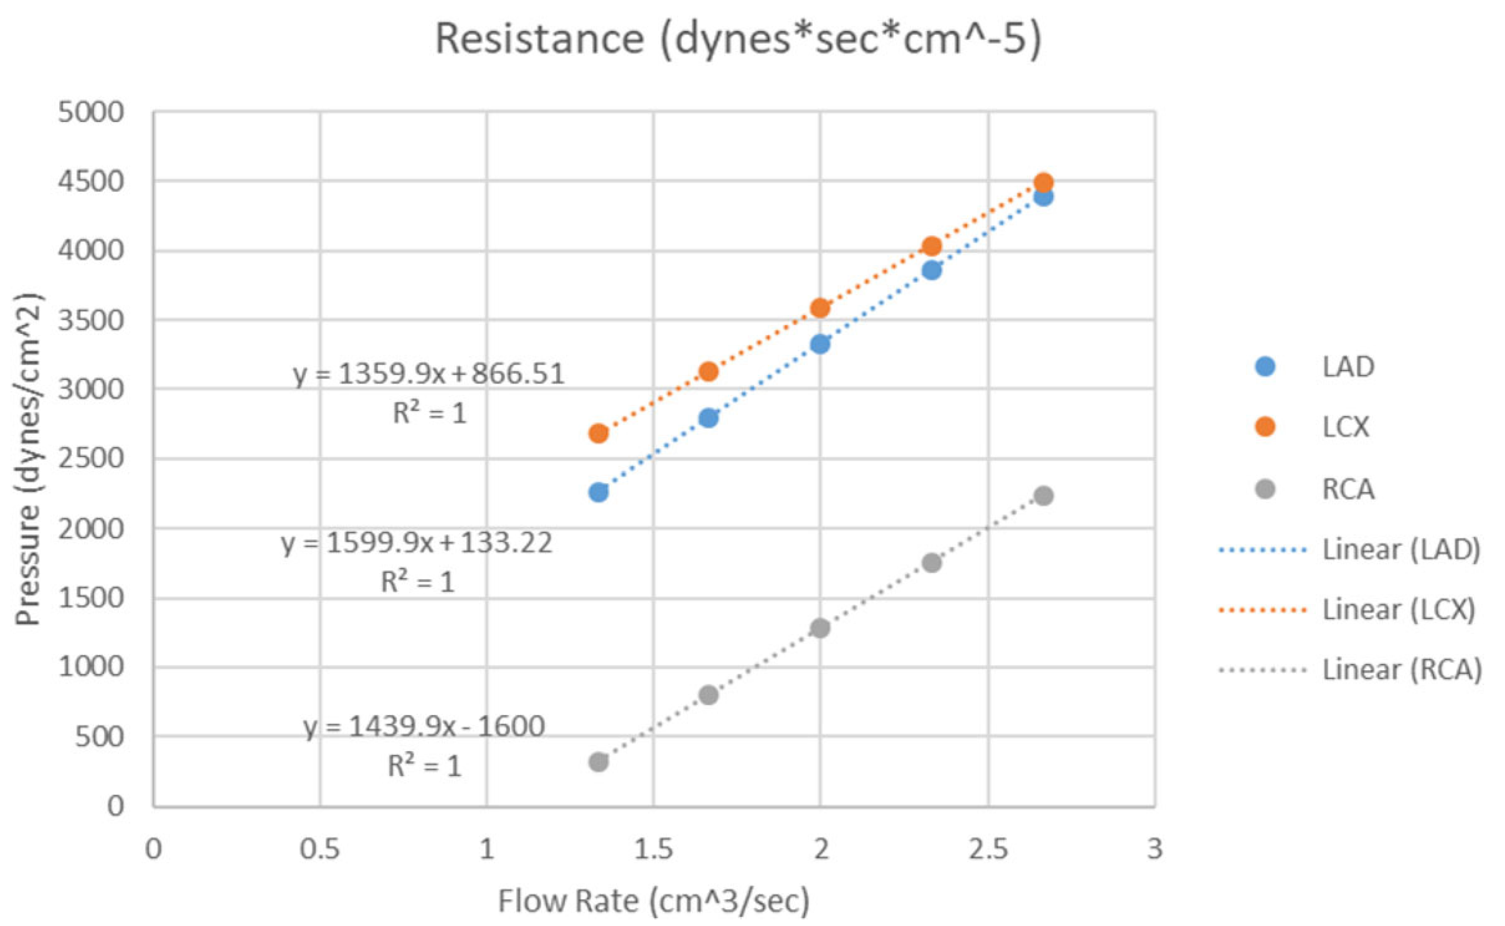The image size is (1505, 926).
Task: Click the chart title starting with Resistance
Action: pyautogui.click(x=738, y=39)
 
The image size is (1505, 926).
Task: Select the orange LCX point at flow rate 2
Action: pyautogui.click(x=820, y=308)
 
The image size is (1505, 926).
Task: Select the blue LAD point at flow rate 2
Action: pyautogui.click(x=820, y=344)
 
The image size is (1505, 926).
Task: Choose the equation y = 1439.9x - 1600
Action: pyautogui.click(x=424, y=727)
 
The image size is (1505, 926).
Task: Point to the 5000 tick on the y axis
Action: pyautogui.click(x=91, y=113)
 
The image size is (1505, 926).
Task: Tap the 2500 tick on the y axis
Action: pyautogui.click(x=91, y=458)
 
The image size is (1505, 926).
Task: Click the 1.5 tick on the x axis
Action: pyautogui.click(x=654, y=849)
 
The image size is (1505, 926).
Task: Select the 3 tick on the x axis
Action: pyautogui.click(x=1154, y=849)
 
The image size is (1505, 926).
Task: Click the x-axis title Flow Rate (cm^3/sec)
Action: pyautogui.click(x=654, y=901)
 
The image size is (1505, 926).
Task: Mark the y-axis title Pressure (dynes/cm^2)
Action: pyautogui.click(x=28, y=459)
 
